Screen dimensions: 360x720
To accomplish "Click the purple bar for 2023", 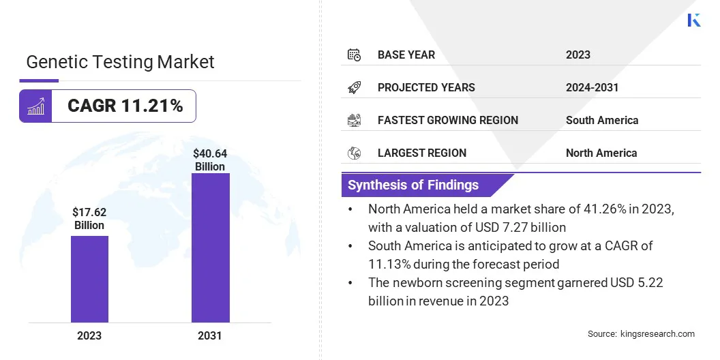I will [x=89, y=279].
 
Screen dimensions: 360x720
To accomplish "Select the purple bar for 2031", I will [x=210, y=247].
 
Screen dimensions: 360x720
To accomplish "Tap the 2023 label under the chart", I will [x=89, y=335].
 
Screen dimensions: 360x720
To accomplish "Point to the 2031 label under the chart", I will [x=210, y=335].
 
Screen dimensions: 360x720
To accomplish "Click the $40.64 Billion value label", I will [x=210, y=160].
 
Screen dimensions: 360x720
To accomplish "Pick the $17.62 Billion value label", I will [x=89, y=219].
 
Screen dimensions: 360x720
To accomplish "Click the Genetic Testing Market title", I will [x=120, y=62].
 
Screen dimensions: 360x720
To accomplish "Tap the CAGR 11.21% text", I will [x=125, y=106].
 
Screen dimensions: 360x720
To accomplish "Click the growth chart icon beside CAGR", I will [x=35, y=106].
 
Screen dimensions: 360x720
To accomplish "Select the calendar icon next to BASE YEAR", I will [x=354, y=55].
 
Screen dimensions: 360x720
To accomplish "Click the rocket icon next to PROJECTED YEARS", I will [x=354, y=87].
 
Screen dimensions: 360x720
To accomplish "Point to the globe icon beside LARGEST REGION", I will [x=354, y=153].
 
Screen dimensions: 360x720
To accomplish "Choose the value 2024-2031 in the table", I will [x=592, y=87].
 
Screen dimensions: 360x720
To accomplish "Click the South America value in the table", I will [x=601, y=120].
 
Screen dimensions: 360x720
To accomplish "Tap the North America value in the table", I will [x=601, y=153].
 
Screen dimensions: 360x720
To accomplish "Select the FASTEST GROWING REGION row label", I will [x=447, y=120].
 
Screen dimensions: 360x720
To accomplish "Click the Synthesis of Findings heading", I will [x=413, y=185].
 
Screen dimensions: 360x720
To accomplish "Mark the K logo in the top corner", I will [x=694, y=20].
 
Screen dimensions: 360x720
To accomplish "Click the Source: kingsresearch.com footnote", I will [x=641, y=333].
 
